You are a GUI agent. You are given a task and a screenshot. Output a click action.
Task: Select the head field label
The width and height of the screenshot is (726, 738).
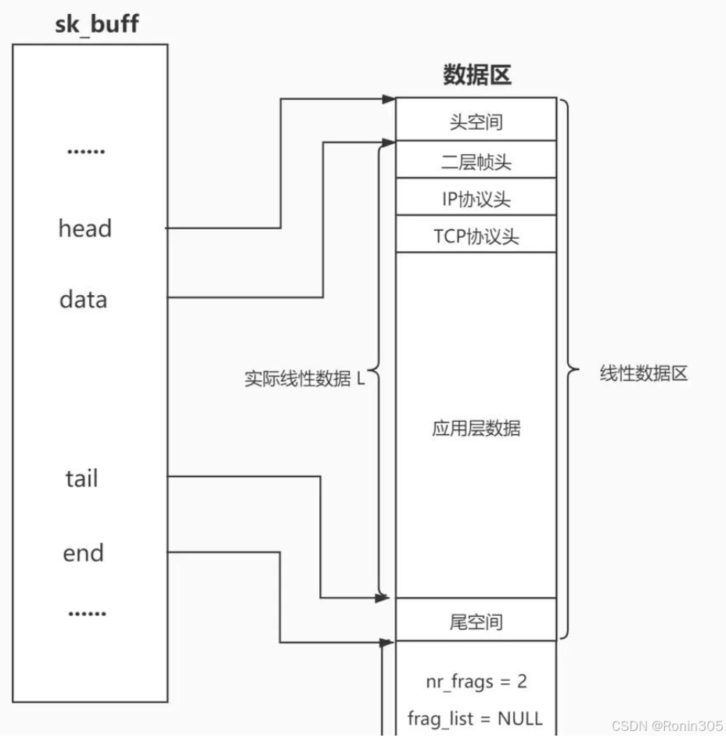[84, 229]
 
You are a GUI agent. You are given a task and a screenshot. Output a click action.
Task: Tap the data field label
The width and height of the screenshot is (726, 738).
[83, 299]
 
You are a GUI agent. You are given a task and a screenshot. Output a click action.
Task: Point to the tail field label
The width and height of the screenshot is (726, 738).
[81, 478]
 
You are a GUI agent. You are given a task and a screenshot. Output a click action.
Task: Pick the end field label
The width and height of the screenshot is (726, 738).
[83, 553]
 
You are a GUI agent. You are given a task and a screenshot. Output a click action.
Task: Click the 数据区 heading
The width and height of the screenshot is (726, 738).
[476, 75]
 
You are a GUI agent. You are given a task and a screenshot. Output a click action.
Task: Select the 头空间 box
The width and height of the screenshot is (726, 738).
[476, 122]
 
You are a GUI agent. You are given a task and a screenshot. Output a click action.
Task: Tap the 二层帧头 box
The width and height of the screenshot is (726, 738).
[476, 162]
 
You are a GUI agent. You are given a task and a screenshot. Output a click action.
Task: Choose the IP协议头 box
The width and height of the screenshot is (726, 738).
[476, 200]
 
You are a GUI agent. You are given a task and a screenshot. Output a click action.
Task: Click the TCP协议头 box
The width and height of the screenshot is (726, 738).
[476, 236]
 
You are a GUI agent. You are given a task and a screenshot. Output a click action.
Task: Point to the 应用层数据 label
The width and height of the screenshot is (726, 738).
[476, 429]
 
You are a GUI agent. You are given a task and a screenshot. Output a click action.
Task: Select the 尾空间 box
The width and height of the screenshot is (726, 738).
[476, 623]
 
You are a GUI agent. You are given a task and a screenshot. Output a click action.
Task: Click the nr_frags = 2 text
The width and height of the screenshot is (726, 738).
[476, 681]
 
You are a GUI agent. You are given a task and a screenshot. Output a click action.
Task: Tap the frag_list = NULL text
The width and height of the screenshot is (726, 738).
[475, 718]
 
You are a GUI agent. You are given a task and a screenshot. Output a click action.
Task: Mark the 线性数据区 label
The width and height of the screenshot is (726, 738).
[644, 373]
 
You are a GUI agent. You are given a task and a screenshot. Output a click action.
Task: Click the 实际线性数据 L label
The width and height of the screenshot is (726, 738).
[304, 380]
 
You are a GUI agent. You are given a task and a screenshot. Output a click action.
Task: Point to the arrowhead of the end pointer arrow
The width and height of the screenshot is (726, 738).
[389, 643]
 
